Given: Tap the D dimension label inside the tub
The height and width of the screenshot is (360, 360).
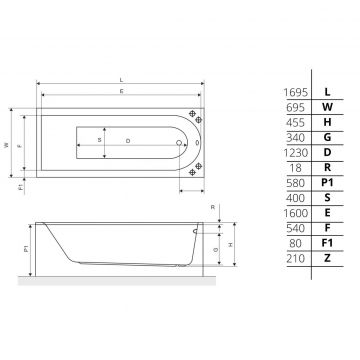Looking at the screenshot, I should [x=128, y=141].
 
